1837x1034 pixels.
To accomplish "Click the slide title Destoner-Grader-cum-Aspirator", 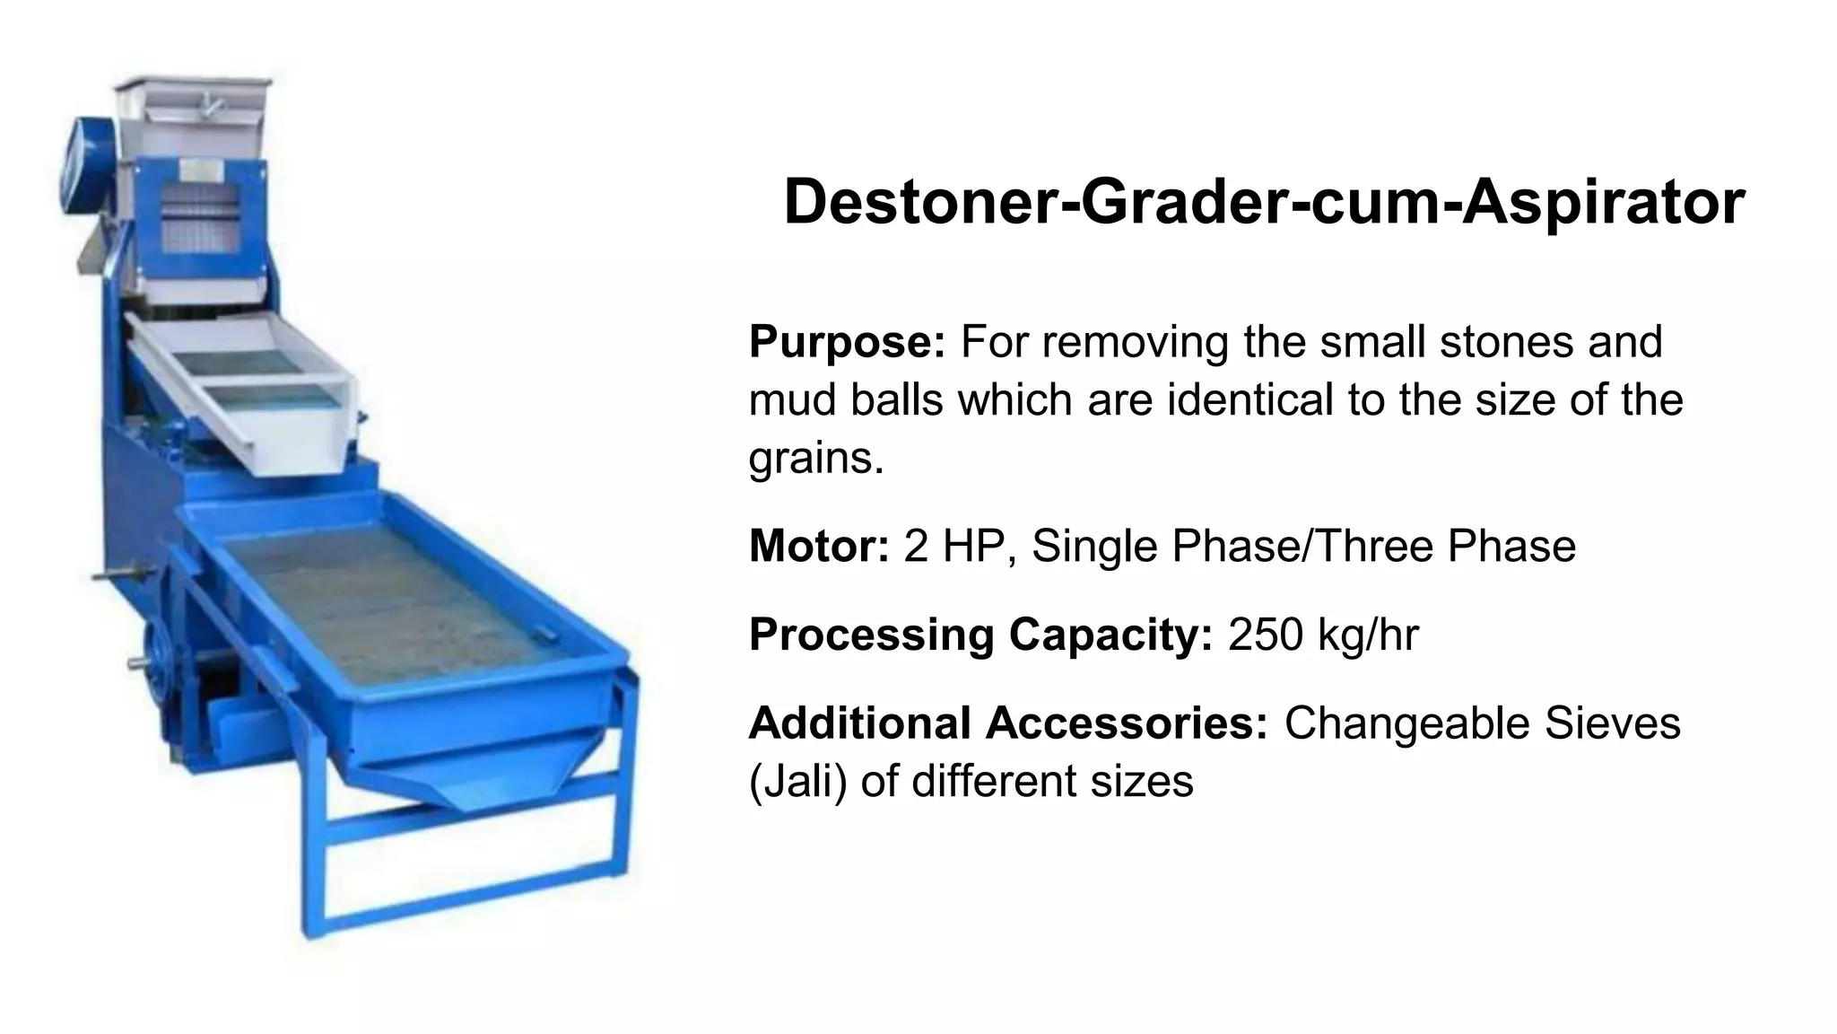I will [x=1264, y=202].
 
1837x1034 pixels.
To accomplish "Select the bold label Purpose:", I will [x=847, y=342].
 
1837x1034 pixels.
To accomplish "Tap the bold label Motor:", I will [x=818, y=546].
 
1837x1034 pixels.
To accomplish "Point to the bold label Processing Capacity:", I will [x=980, y=635].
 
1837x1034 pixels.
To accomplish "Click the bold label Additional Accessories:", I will [x=1008, y=723].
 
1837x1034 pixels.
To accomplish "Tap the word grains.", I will [x=815, y=459].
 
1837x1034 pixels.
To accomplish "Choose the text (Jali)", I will [x=797, y=781].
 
